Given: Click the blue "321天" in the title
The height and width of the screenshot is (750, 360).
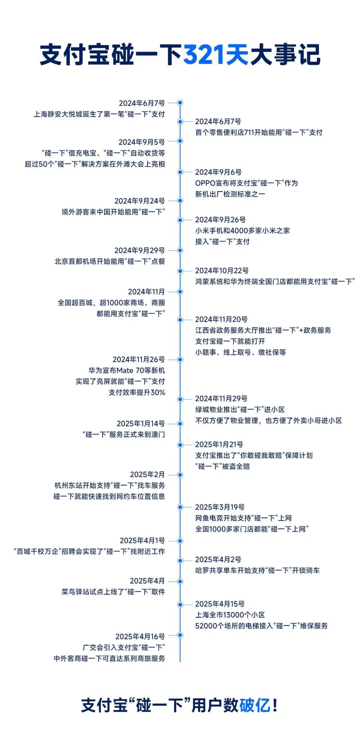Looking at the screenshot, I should [x=216, y=55].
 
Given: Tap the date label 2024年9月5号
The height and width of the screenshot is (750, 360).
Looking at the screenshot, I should [x=142, y=142].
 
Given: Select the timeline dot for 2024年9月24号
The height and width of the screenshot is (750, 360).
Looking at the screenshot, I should [x=180, y=201].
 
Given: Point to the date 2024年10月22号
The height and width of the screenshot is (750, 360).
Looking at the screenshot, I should [x=222, y=270].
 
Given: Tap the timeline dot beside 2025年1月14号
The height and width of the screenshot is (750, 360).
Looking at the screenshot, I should [x=180, y=424].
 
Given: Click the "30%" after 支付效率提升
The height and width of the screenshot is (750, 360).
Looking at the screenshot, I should [x=158, y=393].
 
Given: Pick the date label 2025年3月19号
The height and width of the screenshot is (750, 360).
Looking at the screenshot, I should [x=220, y=507].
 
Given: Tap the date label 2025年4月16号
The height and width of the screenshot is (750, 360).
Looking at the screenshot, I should [x=140, y=637].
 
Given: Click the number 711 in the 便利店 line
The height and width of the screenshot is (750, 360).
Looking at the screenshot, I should [x=249, y=132].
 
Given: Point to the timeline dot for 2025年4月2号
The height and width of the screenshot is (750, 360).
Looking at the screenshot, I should [x=180, y=561].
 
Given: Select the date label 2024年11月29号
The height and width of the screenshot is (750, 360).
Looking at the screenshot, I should [x=221, y=399].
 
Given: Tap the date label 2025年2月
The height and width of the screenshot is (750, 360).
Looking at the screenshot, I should [x=147, y=475].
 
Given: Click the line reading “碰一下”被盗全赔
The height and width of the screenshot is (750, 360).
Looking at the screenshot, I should [x=222, y=466].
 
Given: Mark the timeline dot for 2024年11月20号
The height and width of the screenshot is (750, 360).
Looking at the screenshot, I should [x=180, y=320].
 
